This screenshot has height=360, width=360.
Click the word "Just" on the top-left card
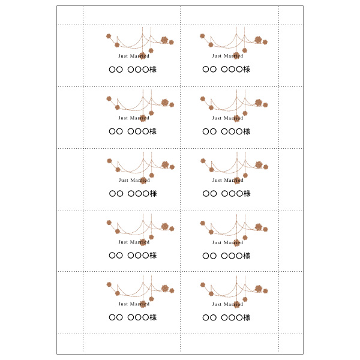(123, 56)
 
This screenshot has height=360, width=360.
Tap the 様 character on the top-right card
(247, 70)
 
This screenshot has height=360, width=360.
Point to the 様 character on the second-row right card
(247, 131)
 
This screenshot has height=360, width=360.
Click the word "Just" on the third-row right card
(217, 180)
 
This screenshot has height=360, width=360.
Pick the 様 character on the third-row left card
(153, 194)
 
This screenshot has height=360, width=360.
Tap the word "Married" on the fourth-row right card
(234, 242)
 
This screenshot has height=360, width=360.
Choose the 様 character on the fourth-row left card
(153, 256)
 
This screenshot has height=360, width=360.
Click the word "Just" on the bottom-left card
(123, 304)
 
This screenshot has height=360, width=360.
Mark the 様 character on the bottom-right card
(247, 317)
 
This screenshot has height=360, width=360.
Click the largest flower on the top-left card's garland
(164, 40)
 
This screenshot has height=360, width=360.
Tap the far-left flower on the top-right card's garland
(202, 36)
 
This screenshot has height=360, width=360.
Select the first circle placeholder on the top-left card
(112, 70)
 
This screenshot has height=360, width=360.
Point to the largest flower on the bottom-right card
(259, 289)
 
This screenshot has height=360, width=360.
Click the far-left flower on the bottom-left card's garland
(109, 284)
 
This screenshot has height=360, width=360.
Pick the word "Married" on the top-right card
(234, 56)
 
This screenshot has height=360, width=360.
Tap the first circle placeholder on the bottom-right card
(206, 317)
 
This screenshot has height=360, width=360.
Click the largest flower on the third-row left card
(165, 164)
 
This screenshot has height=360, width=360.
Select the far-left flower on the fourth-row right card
(202, 223)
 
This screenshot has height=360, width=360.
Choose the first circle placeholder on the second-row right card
(206, 131)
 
